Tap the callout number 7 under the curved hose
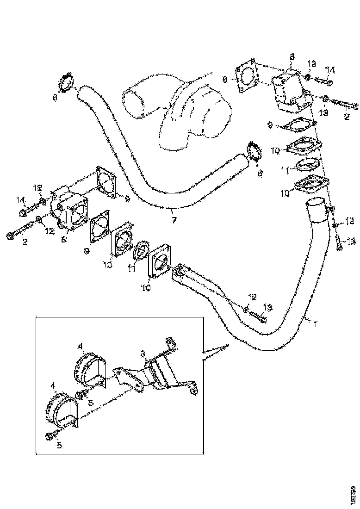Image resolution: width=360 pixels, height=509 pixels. [x=174, y=220]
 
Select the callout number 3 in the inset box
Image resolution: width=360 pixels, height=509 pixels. [x=143, y=354]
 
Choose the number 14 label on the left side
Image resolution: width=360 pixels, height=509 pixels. [x=21, y=200]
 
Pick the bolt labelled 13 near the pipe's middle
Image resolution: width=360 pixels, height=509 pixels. [x=258, y=317]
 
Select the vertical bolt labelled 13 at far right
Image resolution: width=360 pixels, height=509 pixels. [x=338, y=242]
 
